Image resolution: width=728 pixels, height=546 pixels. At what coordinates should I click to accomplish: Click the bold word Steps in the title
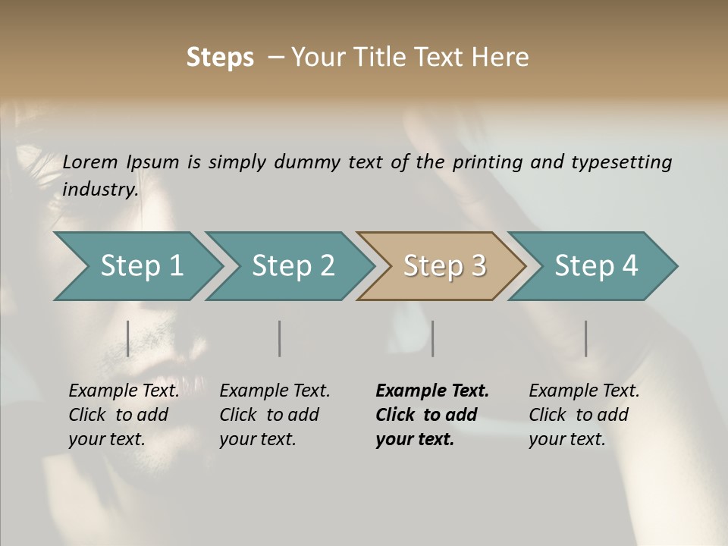[220, 58]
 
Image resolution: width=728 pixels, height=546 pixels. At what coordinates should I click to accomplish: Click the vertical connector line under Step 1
[127, 339]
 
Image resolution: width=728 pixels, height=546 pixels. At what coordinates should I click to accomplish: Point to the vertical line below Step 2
[280, 339]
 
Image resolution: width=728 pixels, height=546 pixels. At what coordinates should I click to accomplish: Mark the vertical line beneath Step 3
[432, 339]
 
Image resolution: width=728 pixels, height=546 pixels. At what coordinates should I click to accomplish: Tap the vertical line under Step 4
[585, 339]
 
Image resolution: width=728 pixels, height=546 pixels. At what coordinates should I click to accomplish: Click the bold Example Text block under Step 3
[432, 415]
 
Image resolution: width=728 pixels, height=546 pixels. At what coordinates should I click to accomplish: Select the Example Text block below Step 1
[124, 415]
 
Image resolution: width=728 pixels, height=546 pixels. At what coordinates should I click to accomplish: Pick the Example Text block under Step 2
[275, 415]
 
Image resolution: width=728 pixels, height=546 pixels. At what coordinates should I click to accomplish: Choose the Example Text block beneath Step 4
[584, 415]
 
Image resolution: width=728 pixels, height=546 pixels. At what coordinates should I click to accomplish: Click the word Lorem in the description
[90, 162]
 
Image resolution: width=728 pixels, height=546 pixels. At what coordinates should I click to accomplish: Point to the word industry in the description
[100, 189]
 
